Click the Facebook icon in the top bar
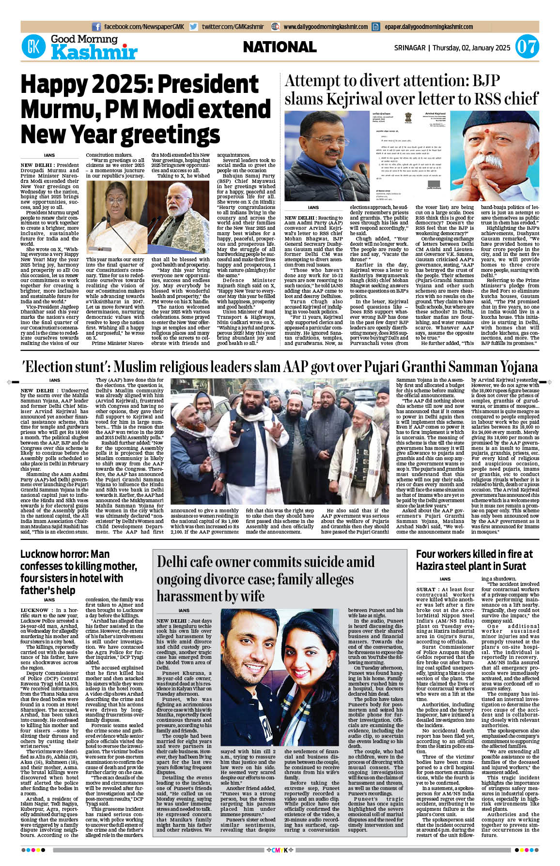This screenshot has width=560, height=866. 96,27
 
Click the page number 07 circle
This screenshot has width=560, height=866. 527,47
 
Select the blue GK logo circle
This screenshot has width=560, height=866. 33,47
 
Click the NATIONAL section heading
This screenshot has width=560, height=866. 280,47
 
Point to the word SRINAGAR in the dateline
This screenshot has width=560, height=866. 409,48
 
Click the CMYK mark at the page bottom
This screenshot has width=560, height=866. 280,850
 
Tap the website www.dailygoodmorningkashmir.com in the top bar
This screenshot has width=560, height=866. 325,27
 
